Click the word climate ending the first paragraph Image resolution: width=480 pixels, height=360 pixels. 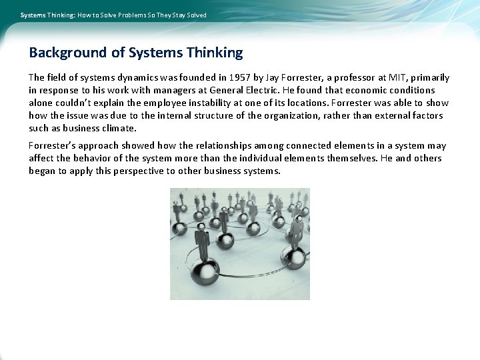[119, 129]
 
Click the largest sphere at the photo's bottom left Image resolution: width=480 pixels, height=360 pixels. [204, 270]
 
